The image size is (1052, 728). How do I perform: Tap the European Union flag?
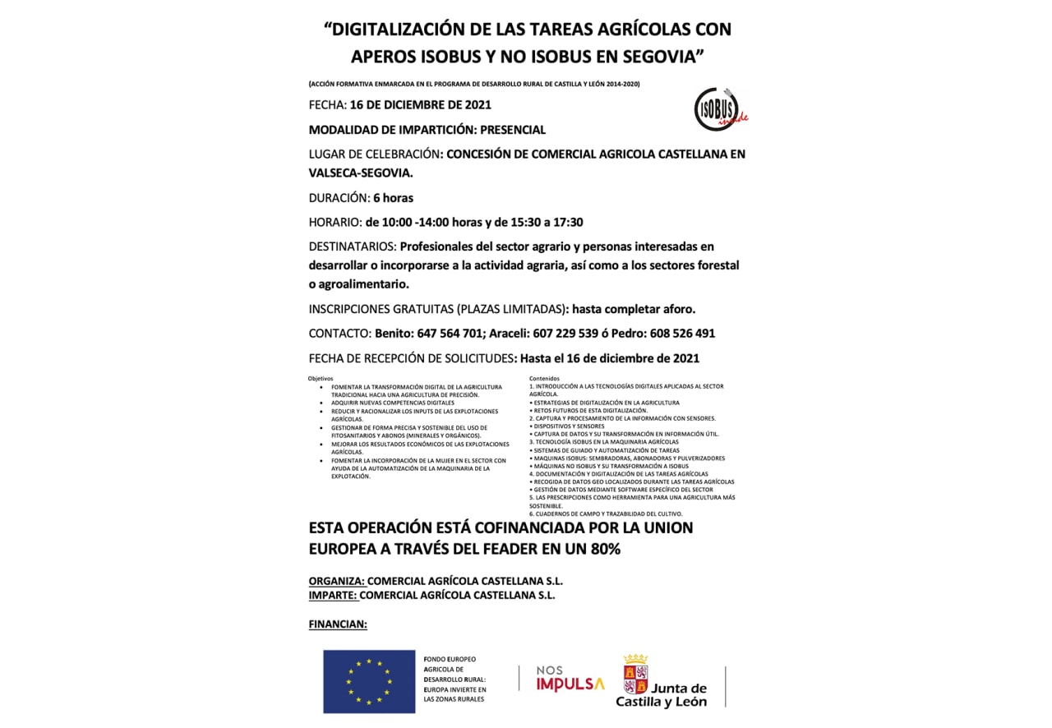pyautogui.click(x=369, y=681)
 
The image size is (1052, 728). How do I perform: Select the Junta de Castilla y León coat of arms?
pyautogui.click(x=635, y=675)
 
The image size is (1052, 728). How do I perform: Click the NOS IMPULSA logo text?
pyautogui.click(x=570, y=678)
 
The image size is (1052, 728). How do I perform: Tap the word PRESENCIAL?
pyautogui.click(x=513, y=130)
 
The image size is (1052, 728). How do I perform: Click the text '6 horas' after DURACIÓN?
pyautogui.click(x=393, y=198)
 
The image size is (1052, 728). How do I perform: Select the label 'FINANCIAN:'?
pyautogui.click(x=338, y=624)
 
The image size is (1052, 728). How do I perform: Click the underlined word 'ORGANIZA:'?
pyautogui.click(x=336, y=581)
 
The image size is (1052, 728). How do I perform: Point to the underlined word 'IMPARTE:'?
pyautogui.click(x=333, y=595)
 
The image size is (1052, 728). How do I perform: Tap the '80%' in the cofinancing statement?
pyautogui.click(x=602, y=549)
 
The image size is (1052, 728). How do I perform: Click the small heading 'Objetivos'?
pyautogui.click(x=321, y=379)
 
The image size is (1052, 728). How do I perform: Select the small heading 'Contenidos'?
pyautogui.click(x=544, y=379)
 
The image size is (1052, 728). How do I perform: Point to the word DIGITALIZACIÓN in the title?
pyautogui.click(x=396, y=30)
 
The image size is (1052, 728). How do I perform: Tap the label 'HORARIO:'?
pyautogui.click(x=335, y=222)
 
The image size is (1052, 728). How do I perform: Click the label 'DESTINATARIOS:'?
pyautogui.click(x=353, y=247)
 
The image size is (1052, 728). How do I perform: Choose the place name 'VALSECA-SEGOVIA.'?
pyautogui.click(x=361, y=173)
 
